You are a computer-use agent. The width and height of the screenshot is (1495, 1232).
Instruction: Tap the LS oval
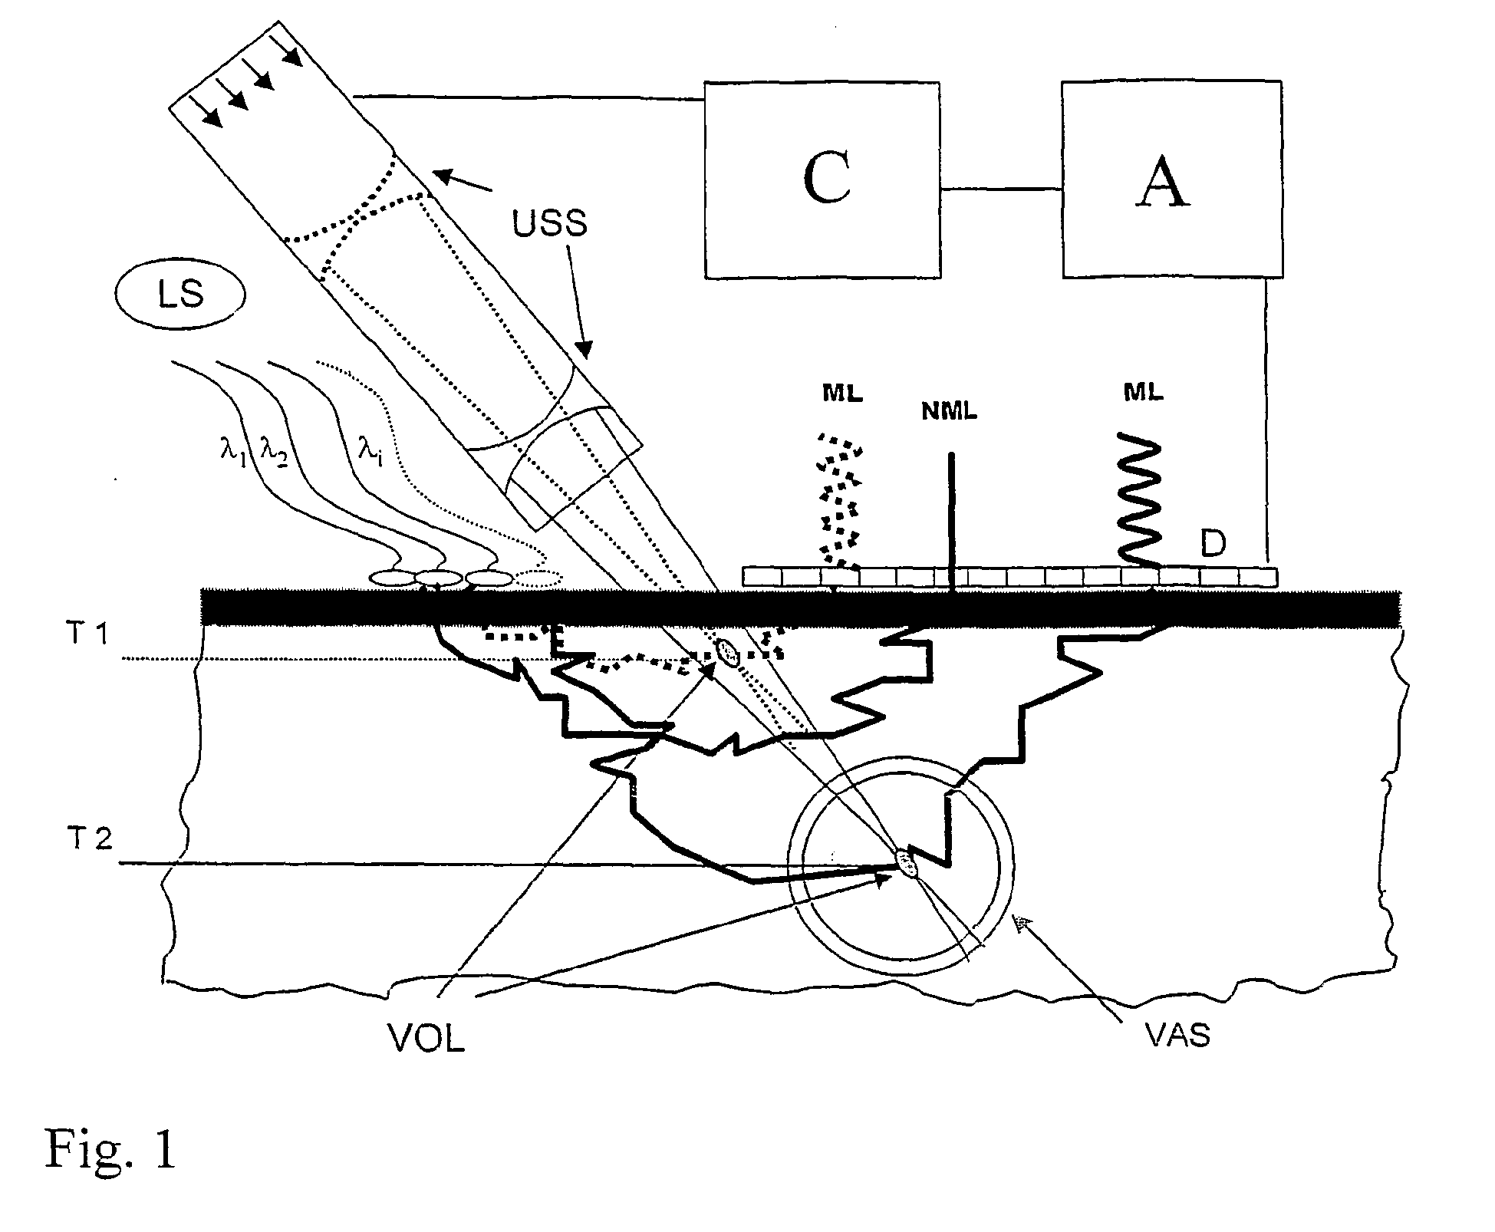(181, 295)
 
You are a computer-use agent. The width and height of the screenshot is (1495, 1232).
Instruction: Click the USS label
(549, 223)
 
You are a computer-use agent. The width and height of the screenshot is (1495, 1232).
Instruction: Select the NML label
(950, 411)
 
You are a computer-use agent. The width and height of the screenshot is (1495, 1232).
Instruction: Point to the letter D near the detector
(1213, 544)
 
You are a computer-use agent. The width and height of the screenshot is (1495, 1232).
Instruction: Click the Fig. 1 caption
(110, 1149)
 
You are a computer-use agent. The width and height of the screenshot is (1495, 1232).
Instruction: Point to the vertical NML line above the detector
(951, 514)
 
